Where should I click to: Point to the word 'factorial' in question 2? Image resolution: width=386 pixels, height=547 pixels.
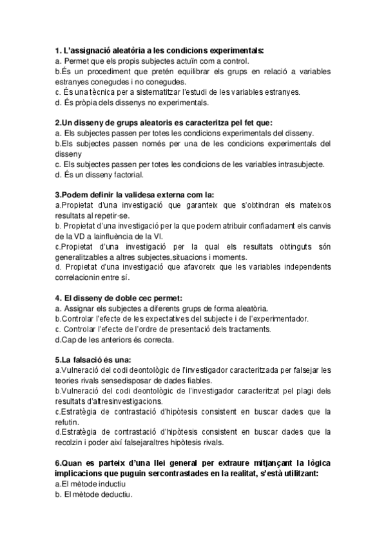113,174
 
